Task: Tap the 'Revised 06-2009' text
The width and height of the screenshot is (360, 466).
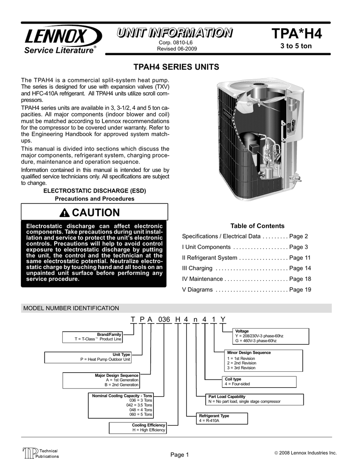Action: coord(177,49)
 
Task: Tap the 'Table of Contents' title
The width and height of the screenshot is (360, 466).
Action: coord(257,226)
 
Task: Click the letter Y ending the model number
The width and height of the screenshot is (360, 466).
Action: coord(222,319)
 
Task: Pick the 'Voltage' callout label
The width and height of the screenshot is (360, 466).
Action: coord(242,330)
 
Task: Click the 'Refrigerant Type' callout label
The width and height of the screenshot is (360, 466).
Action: coord(214,415)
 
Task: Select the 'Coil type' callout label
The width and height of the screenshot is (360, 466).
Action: coord(233,379)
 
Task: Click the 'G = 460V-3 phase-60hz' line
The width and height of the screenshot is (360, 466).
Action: coord(255,340)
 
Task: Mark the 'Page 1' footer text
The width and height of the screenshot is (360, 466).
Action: coord(180,455)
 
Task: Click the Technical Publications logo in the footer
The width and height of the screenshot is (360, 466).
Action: coord(41,453)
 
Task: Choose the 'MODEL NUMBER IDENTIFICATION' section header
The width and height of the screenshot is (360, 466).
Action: coord(71,308)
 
